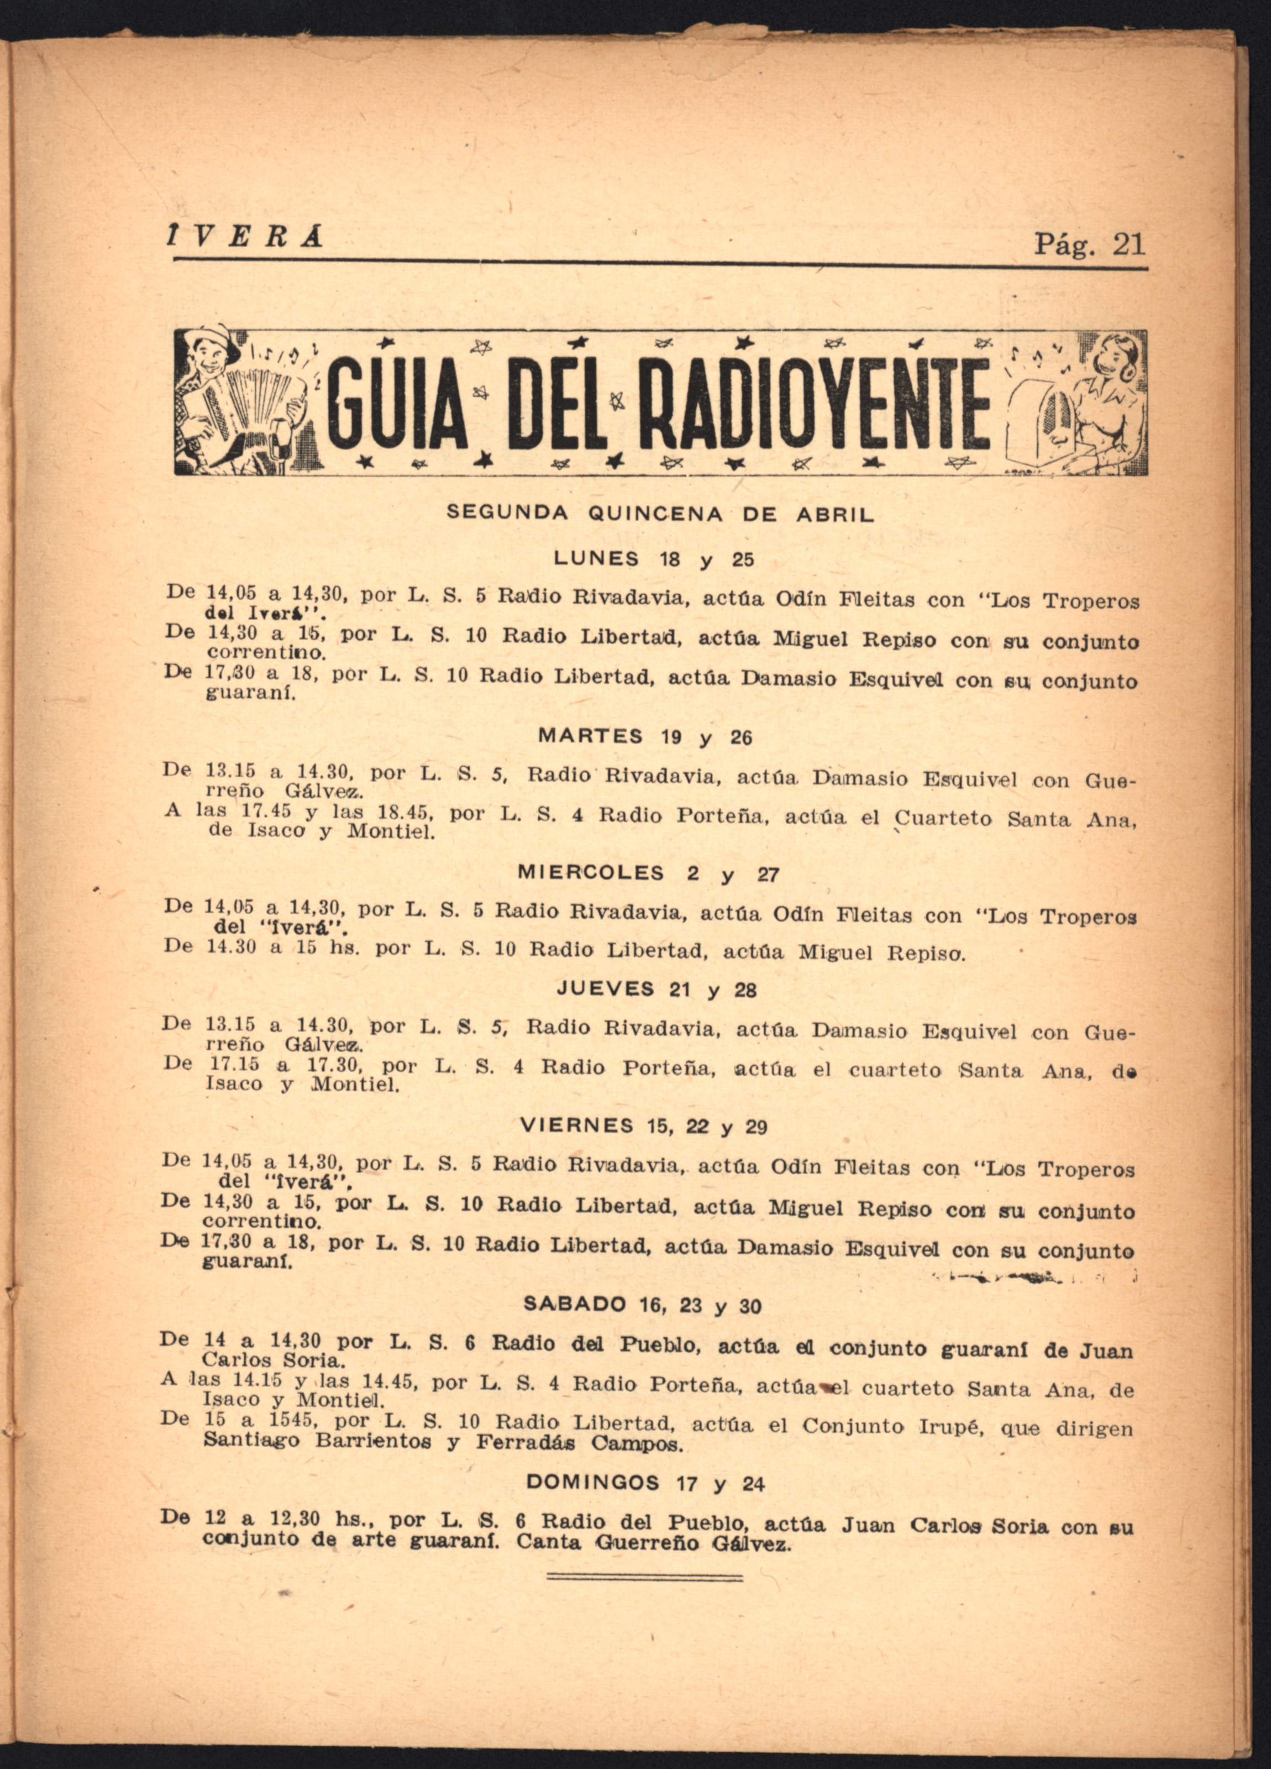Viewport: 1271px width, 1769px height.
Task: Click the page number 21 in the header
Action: pyautogui.click(x=1128, y=244)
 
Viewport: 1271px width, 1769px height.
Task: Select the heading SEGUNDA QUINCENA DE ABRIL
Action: pyautogui.click(x=660, y=514)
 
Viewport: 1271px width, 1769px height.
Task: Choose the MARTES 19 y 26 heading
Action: pyautogui.click(x=645, y=736)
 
